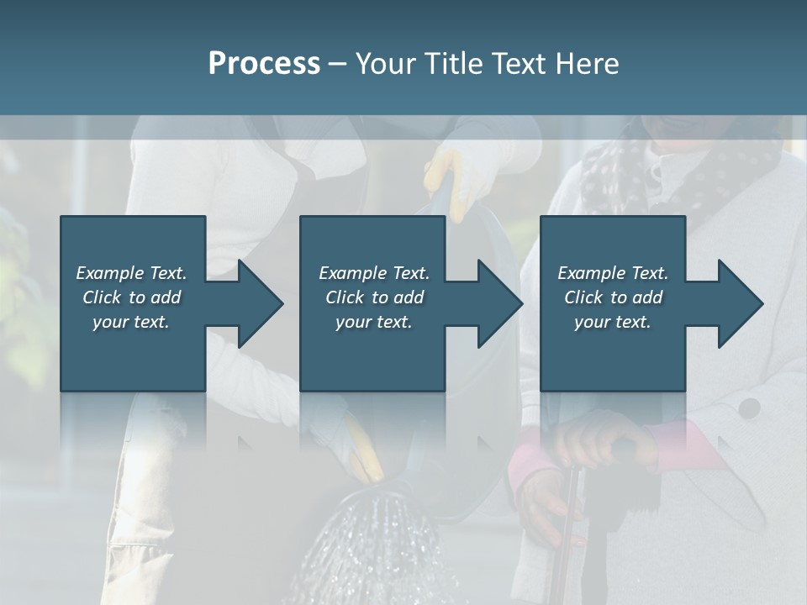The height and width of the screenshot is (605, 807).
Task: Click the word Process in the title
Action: [x=264, y=63]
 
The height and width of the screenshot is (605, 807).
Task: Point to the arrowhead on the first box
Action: [x=260, y=303]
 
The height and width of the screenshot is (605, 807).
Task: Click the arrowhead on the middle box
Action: [x=499, y=303]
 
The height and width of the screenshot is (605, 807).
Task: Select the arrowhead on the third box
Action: [x=740, y=303]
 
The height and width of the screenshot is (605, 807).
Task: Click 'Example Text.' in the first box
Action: [x=131, y=273]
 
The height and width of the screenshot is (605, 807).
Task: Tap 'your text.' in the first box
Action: [x=131, y=322]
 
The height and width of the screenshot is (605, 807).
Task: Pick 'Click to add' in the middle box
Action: [x=374, y=297]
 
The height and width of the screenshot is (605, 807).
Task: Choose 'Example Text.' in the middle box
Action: [x=374, y=273]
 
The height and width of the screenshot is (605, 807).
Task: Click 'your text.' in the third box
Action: [x=613, y=322]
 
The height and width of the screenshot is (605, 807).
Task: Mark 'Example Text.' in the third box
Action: [x=613, y=273]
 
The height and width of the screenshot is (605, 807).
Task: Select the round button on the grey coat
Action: [x=749, y=409]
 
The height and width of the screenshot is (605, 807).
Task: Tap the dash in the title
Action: [x=337, y=64]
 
